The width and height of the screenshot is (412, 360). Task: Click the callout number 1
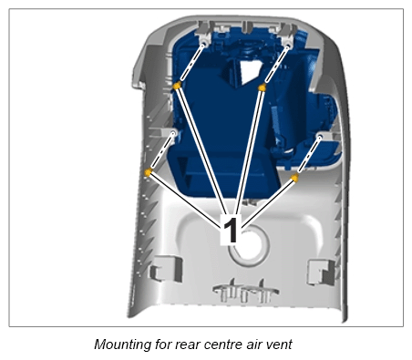231,230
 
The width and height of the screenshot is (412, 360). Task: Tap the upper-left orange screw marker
177,86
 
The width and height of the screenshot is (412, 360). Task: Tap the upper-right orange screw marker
262,87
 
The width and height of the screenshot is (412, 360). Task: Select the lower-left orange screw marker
148,172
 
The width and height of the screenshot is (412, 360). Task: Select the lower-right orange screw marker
294,178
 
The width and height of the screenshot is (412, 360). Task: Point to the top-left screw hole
204,44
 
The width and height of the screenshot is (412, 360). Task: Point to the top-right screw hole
288,46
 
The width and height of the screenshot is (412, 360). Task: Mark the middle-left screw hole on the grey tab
174,133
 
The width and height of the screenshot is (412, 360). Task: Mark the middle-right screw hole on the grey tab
320,137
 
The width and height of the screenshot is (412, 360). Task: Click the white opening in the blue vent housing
250,72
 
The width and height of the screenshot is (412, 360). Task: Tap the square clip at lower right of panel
322,272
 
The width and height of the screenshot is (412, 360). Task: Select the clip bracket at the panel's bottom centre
245,293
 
